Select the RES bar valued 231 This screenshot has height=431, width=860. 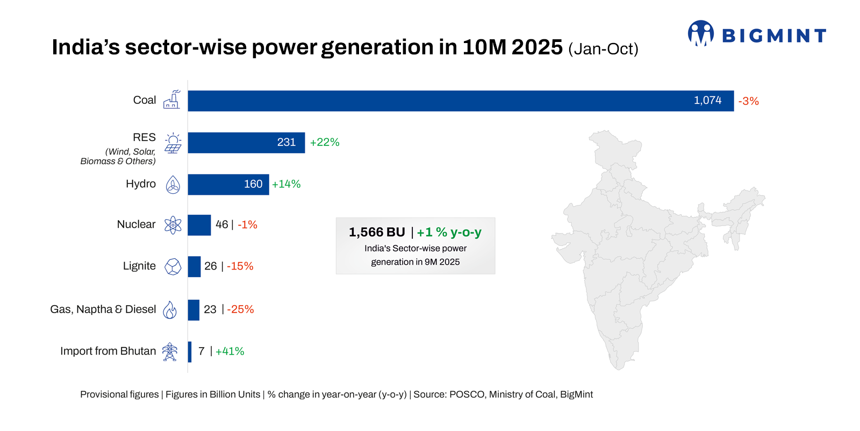tap(246, 143)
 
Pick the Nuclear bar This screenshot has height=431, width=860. tap(199, 225)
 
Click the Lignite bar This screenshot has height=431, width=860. tap(194, 266)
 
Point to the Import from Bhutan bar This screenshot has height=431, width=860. tap(190, 351)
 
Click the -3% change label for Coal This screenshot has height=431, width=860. tap(748, 101)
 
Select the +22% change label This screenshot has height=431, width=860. tap(325, 143)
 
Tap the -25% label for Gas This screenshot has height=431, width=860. tap(240, 309)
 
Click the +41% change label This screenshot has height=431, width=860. tap(230, 351)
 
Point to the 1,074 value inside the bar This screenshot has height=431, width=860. tap(707, 101)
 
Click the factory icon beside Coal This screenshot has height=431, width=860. tap(172, 100)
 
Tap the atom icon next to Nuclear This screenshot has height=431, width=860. tap(173, 225)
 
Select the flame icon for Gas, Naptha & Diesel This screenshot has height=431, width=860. tap(170, 310)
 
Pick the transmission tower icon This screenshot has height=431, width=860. tap(170, 351)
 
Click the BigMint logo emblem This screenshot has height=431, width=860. tap(700, 33)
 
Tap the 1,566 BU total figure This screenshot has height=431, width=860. tap(377, 232)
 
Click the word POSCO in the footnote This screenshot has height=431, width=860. tap(467, 394)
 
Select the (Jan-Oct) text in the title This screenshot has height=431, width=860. tap(603, 49)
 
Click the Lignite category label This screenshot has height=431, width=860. tap(139, 266)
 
